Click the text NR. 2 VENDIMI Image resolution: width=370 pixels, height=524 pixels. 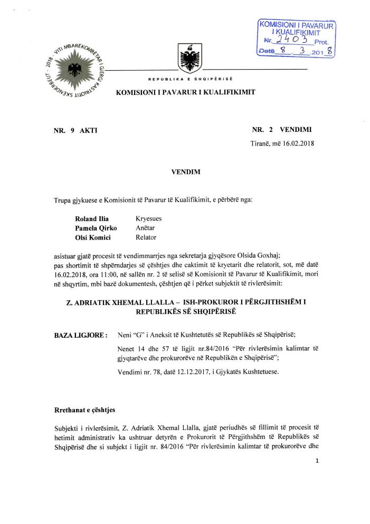[286, 129]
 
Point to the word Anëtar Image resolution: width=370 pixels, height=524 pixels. [145, 228]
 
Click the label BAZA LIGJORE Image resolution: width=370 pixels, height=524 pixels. [81, 335]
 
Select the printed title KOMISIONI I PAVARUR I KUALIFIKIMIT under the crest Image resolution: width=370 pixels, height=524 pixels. [186, 92]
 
